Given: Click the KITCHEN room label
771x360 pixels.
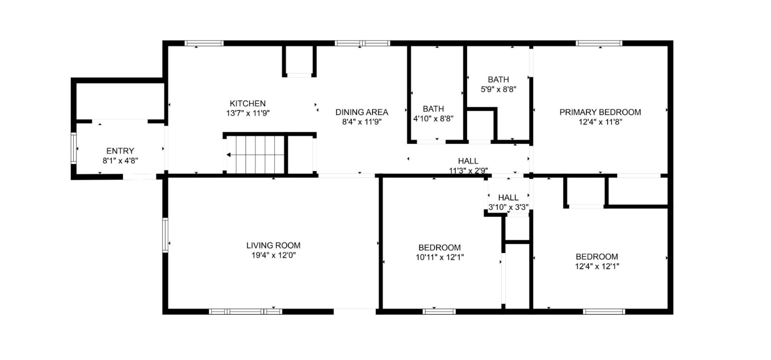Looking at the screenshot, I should pyautogui.click(x=247, y=104).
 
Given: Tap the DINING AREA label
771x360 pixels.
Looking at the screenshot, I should pyautogui.click(x=361, y=112).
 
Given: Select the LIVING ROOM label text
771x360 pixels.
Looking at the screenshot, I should pyautogui.click(x=273, y=245).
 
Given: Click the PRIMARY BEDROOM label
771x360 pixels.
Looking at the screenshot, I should pyautogui.click(x=600, y=112).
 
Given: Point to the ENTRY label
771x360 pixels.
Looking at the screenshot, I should pyautogui.click(x=120, y=151).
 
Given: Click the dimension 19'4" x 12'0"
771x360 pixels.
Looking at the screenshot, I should pyautogui.click(x=273, y=255).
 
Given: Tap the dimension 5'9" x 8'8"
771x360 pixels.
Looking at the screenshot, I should pyautogui.click(x=498, y=89).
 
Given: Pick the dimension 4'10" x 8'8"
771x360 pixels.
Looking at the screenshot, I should pyautogui.click(x=433, y=119).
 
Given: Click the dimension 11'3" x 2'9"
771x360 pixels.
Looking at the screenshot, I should pyautogui.click(x=468, y=170).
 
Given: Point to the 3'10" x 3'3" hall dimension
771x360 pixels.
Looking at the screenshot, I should pyautogui.click(x=508, y=207).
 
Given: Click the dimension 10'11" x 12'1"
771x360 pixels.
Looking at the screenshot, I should pyautogui.click(x=439, y=257).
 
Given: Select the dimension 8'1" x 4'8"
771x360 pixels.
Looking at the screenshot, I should pyautogui.click(x=120, y=161).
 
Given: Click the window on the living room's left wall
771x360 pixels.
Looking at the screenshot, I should pyautogui.click(x=165, y=235).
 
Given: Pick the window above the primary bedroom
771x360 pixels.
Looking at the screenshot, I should pyautogui.click(x=599, y=43).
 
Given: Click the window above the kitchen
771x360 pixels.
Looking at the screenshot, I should pyautogui.click(x=204, y=43).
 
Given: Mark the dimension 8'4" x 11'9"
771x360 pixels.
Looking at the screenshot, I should pyautogui.click(x=361, y=122).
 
